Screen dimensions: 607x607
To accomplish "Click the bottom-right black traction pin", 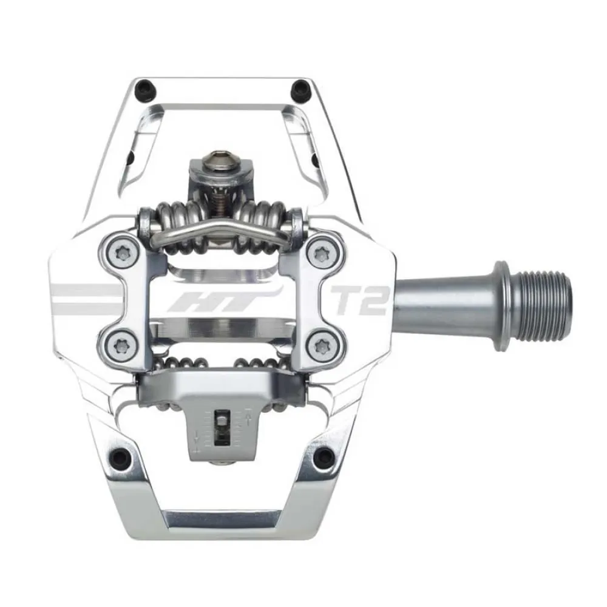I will (327, 454).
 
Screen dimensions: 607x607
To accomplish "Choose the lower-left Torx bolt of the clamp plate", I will (114, 346).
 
